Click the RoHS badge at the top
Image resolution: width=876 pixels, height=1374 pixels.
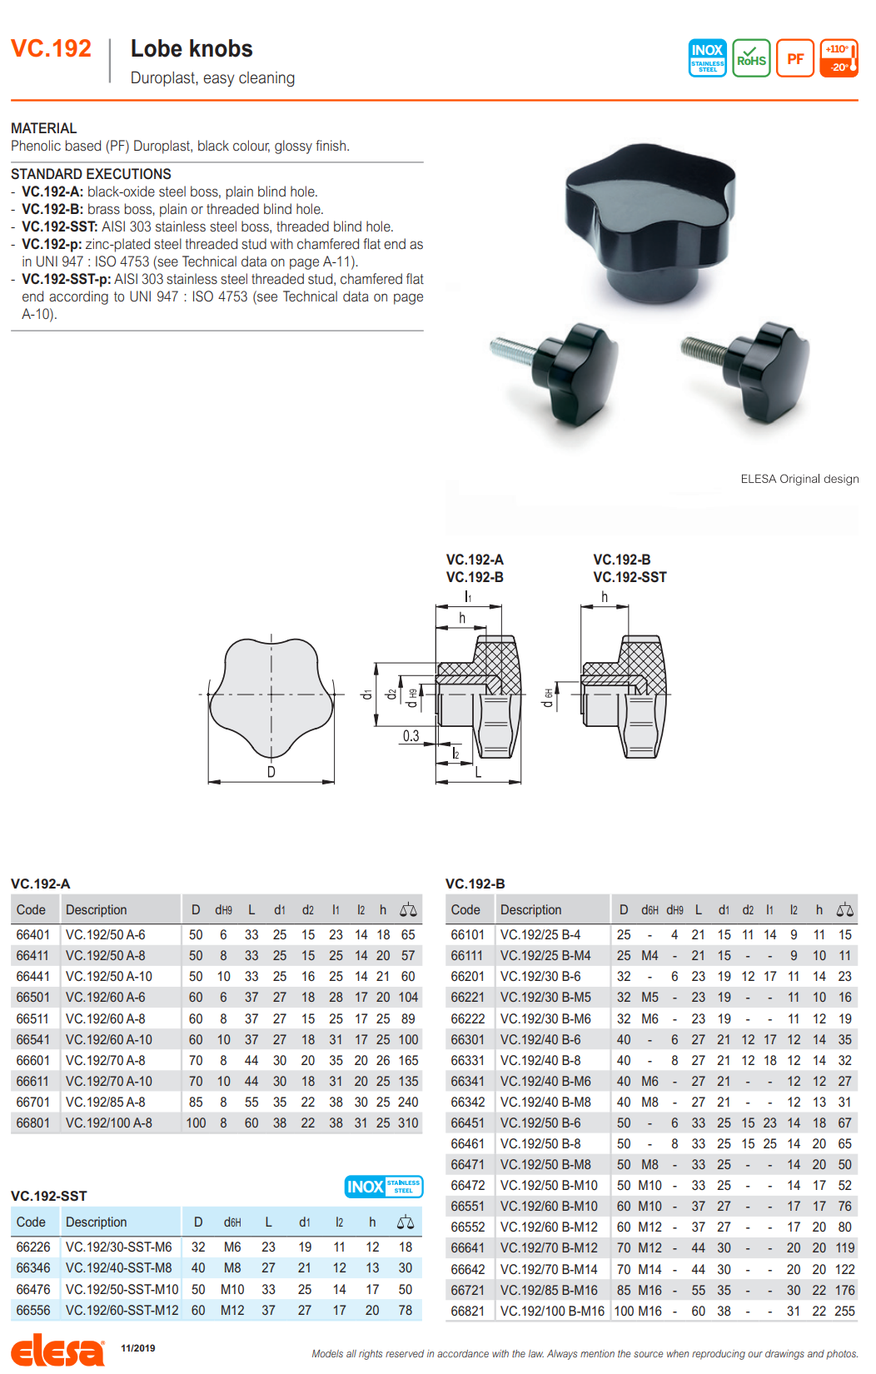coord(751,58)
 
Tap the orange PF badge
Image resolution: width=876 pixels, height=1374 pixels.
coord(795,58)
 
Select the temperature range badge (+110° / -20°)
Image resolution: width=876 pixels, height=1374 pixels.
coord(839,58)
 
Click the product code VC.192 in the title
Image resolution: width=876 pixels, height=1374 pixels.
coord(51,48)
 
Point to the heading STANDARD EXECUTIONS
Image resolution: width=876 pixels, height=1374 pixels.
coord(91,174)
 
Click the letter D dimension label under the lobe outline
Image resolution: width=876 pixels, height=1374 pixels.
coord(271,772)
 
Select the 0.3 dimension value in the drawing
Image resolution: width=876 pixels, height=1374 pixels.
coord(411,735)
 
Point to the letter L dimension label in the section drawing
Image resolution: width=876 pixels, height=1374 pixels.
coord(478,772)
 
